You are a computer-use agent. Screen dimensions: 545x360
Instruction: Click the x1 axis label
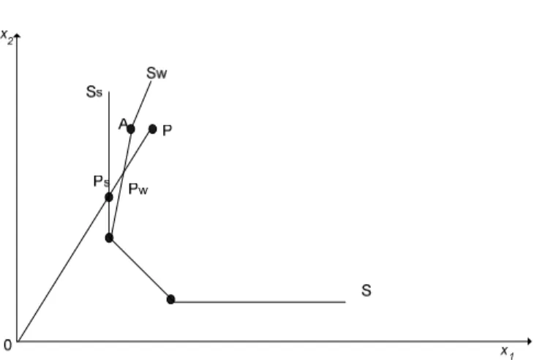pyautogui.click(x=507, y=353)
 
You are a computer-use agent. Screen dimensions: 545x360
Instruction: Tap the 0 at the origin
pyautogui.click(x=7, y=345)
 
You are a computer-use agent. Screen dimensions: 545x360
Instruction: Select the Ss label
pyautogui.click(x=94, y=92)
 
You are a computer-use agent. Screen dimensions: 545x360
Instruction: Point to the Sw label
pyautogui.click(x=157, y=73)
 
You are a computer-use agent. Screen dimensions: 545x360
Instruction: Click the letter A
pyautogui.click(x=123, y=124)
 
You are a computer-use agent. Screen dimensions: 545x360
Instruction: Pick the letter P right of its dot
pyautogui.click(x=168, y=131)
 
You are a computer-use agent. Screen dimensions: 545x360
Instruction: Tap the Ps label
pyautogui.click(x=101, y=181)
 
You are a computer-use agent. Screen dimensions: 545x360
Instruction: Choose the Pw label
pyautogui.click(x=138, y=189)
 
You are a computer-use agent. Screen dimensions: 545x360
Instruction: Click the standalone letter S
pyautogui.click(x=367, y=290)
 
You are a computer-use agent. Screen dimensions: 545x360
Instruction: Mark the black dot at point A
pyautogui.click(x=131, y=130)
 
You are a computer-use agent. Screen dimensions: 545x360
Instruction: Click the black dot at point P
pyautogui.click(x=153, y=130)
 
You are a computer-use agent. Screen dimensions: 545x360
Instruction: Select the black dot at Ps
pyautogui.click(x=109, y=198)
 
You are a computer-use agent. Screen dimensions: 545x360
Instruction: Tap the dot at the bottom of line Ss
pyautogui.click(x=109, y=238)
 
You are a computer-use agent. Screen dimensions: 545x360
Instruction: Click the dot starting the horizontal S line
pyautogui.click(x=170, y=299)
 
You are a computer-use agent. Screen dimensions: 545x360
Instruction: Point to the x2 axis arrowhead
pyautogui.click(x=18, y=35)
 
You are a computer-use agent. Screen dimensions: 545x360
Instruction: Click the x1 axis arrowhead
pyautogui.click(x=530, y=341)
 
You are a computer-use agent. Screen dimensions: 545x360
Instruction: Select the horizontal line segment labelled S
pyautogui.click(x=258, y=302)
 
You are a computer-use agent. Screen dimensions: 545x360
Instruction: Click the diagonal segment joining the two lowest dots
pyautogui.click(x=140, y=269)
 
